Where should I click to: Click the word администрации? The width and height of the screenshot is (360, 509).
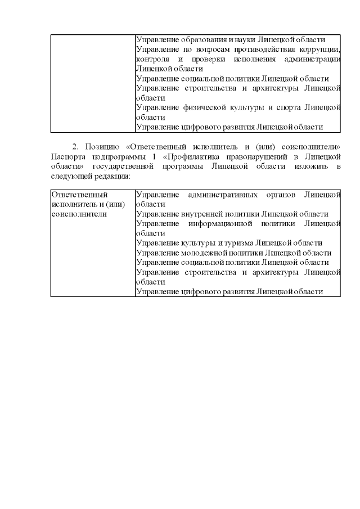[x=312, y=59]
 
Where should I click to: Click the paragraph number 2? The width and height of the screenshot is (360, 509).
[x=75, y=147]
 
